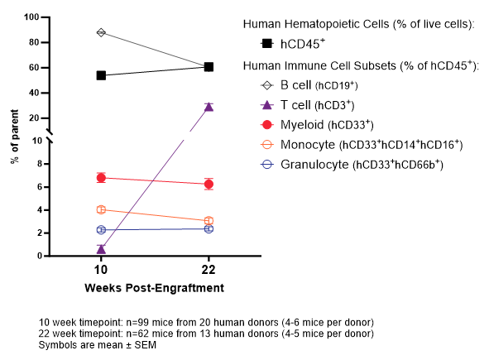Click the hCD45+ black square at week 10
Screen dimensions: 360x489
101,75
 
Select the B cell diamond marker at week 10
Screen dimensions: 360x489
101,32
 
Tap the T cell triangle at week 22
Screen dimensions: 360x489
209,107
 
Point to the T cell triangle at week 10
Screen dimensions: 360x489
101,248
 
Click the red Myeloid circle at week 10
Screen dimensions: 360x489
101,177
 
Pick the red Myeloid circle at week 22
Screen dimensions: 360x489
209,184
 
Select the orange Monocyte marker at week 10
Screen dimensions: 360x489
101,209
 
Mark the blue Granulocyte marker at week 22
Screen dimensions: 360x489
209,228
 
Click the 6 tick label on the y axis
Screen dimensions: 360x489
37,187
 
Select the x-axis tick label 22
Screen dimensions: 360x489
209,271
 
